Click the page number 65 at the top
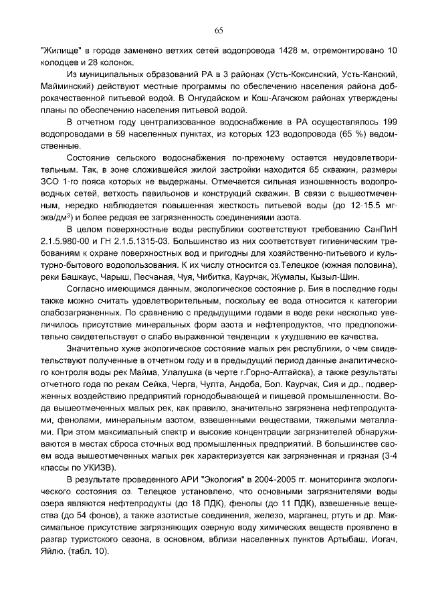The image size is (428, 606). pos(218,30)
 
